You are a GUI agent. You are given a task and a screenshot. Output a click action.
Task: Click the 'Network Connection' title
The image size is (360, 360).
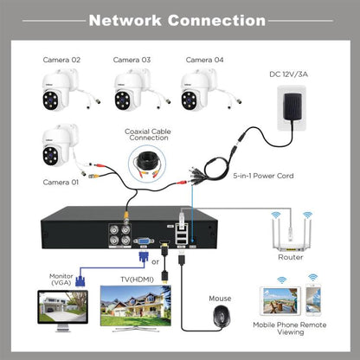[x=177, y=19]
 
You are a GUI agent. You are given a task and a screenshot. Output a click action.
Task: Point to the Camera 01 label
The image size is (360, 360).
[x=62, y=183]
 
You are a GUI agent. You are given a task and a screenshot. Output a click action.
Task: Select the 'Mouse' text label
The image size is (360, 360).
[x=221, y=297]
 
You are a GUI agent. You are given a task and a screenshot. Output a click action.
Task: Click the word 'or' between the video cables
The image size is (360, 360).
[x=155, y=260]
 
